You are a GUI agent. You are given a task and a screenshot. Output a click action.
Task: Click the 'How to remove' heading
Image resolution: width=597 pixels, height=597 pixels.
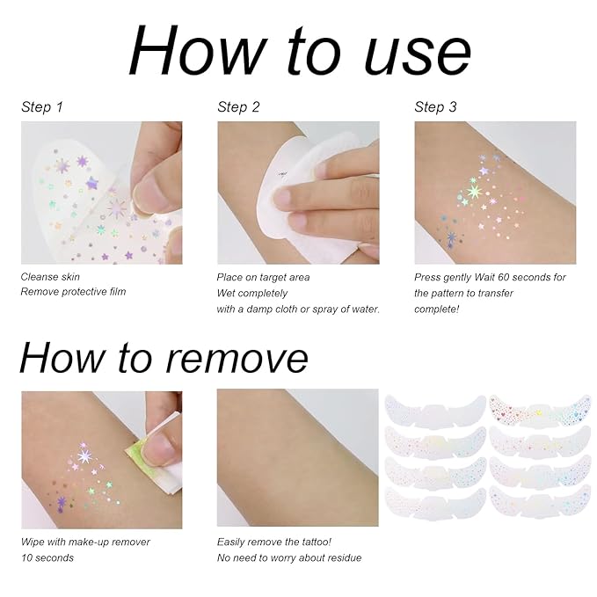[x=164, y=357]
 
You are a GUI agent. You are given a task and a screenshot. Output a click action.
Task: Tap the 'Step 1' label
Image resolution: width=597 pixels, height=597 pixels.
[x=42, y=107]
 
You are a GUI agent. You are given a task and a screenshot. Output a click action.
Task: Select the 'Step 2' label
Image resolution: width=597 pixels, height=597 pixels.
[x=238, y=107]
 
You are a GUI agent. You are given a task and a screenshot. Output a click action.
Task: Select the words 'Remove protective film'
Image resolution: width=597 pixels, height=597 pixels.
[x=74, y=291]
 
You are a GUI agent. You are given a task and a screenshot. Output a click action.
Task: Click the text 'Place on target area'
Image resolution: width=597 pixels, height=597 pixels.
[x=263, y=277]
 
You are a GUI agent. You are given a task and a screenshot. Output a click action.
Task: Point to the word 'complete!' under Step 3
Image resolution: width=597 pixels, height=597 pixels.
[x=438, y=309]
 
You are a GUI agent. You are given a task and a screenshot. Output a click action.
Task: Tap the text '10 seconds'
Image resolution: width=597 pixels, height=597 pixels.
[x=48, y=557]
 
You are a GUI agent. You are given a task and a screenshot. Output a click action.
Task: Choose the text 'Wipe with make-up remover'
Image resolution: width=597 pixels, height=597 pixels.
[x=85, y=542]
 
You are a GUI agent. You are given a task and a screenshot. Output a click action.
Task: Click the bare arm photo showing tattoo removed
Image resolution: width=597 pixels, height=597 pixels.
[x=297, y=457]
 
